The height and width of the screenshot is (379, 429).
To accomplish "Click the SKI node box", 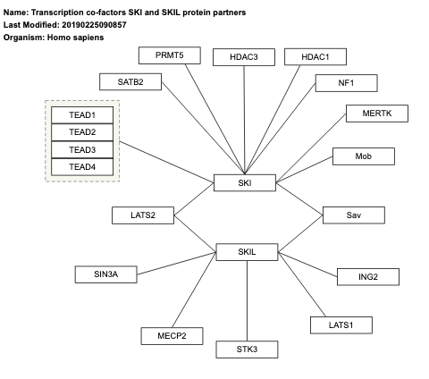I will coord(246,183).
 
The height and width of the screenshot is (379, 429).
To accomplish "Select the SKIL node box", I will coord(248,253).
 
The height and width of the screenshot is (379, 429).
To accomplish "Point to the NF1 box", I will coord(345,83).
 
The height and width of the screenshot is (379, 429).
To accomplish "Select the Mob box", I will coord(363,156).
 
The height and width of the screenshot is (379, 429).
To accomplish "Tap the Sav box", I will coord(353,215).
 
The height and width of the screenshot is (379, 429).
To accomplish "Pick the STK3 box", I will coord(247,349).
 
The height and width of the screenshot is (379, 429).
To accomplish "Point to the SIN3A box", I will coord(106,274).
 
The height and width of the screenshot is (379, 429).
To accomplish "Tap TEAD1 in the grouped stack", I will coord(82,115).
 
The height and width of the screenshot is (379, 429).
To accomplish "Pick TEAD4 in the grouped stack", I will coord(82,166).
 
